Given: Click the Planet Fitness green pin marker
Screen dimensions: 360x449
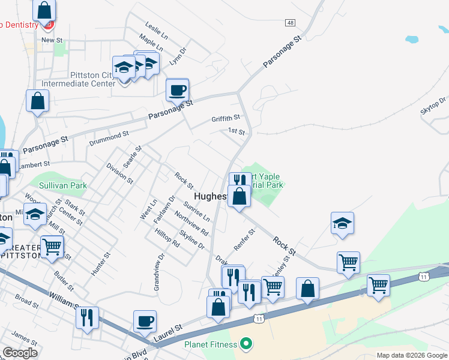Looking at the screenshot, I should (244, 344).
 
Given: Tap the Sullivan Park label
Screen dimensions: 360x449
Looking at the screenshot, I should (63, 185).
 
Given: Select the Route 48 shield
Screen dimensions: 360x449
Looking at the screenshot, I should (291, 22).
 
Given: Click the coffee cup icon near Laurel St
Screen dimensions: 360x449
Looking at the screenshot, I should (145, 321).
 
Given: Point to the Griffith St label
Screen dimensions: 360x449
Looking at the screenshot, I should (226, 118).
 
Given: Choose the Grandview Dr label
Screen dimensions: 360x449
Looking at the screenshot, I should (159, 272).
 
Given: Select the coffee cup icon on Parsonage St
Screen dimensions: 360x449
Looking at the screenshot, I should (177, 91).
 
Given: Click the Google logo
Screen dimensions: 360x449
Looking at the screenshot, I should (20, 353).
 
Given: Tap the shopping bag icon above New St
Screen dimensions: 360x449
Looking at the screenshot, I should (44, 10).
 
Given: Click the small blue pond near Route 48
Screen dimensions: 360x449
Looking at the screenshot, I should (411, 40).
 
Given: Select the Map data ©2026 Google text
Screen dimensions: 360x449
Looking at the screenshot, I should (412, 355).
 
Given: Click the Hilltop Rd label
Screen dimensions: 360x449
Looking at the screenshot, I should (167, 238).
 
